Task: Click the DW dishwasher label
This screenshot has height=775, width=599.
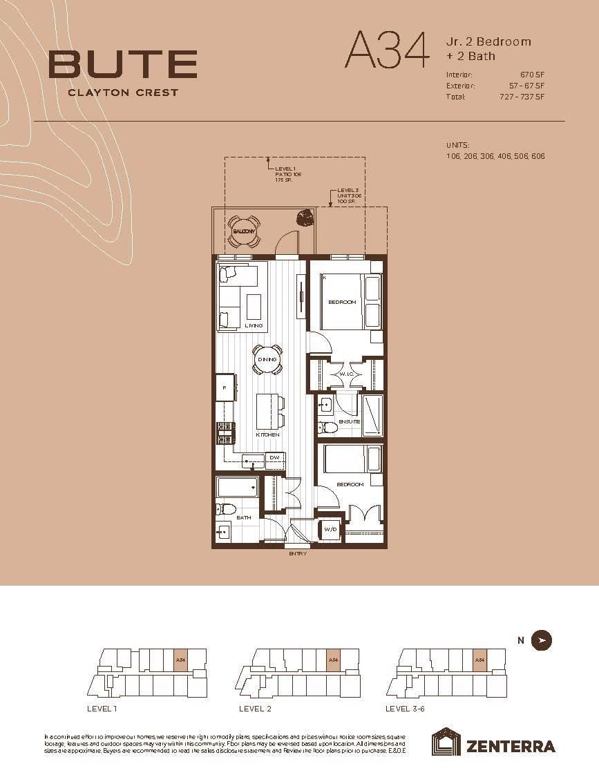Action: (x=274, y=457)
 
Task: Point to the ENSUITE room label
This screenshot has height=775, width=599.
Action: (x=349, y=421)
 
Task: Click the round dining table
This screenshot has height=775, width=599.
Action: (x=267, y=359)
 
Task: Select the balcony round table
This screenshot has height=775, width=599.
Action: (x=243, y=232)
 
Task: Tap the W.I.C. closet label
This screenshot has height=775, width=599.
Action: (x=346, y=374)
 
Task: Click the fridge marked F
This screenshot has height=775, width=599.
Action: (x=225, y=388)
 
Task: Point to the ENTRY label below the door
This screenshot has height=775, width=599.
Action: (x=298, y=553)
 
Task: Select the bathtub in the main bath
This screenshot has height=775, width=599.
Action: (x=237, y=488)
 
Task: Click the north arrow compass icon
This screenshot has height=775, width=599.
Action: (x=542, y=640)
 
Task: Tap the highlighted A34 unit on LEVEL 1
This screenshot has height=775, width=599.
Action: (x=180, y=660)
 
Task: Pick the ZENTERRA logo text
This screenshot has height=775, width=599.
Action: (x=510, y=746)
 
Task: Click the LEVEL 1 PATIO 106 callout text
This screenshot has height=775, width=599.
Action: (x=288, y=175)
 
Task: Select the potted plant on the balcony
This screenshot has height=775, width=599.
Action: (x=304, y=219)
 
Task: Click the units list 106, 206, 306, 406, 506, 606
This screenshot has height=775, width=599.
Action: (x=495, y=156)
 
